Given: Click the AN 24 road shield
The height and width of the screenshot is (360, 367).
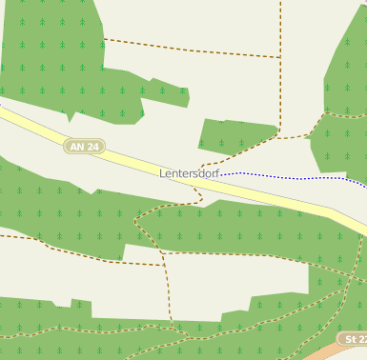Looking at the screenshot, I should [85, 146].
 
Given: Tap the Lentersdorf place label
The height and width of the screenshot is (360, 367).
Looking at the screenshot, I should [189, 173].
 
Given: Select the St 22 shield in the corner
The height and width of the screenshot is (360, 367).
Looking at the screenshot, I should [354, 340].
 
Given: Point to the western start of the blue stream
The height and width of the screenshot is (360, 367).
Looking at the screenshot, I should [222, 174].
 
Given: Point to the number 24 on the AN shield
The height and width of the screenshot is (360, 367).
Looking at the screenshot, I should [92, 146].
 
